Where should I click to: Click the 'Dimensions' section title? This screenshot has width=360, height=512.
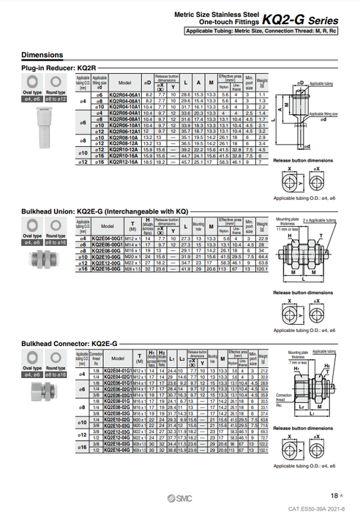click(42, 55)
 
